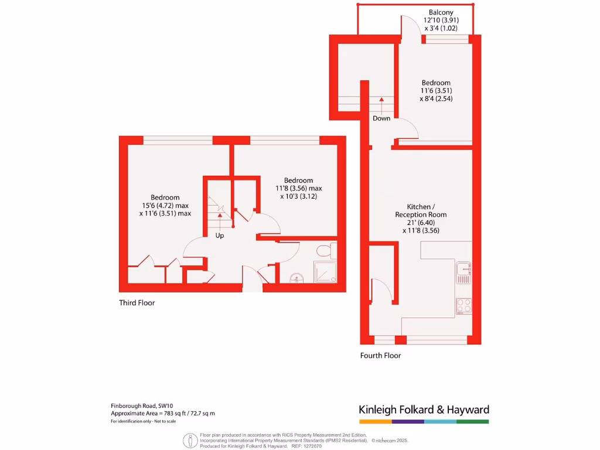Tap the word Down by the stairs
click(381, 118)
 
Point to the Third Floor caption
click(137, 303)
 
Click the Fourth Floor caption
click(380, 356)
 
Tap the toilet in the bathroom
click(323, 251)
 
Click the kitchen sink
click(464, 272)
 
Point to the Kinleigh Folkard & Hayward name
click(424, 410)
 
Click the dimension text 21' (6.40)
click(420, 223)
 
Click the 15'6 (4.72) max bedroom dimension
click(165, 206)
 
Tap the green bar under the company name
click(473, 421)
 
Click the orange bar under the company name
click(375, 421)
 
